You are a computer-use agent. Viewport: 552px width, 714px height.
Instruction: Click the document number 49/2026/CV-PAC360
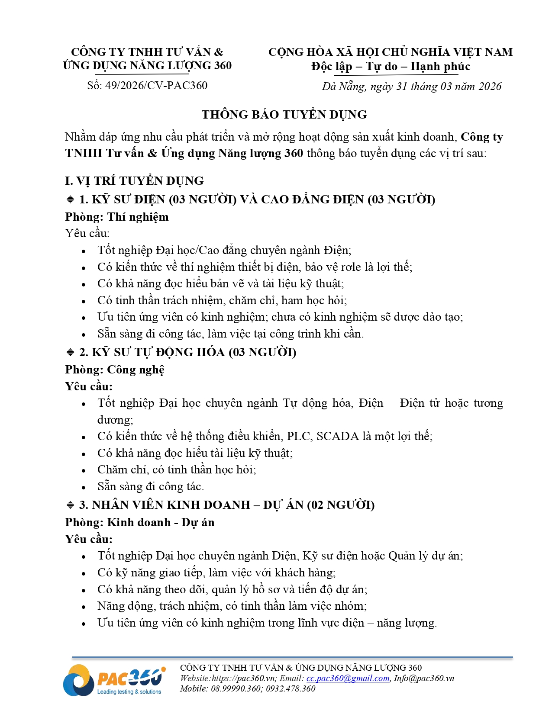tap(156, 85)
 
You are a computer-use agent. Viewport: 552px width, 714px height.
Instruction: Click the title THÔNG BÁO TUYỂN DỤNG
tap(284, 115)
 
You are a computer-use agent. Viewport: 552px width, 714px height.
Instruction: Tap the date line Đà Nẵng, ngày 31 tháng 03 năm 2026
tap(411, 87)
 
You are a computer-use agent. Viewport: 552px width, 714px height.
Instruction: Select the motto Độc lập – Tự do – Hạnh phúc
tap(391, 67)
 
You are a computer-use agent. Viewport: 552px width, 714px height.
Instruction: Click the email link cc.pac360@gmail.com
tap(348, 679)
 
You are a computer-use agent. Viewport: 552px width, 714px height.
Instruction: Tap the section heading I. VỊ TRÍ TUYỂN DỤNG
tap(134, 181)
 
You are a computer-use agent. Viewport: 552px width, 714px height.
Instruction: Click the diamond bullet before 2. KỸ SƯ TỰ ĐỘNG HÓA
tap(71, 352)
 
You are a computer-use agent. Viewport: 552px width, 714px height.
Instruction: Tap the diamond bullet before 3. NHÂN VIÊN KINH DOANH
tap(71, 505)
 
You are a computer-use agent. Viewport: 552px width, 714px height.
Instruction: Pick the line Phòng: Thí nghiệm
tap(117, 217)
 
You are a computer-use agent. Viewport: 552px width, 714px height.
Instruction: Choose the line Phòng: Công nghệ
tap(115, 370)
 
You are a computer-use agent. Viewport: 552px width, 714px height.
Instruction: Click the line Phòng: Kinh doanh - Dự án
tap(139, 523)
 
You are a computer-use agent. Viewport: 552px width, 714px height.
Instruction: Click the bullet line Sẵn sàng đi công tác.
tap(150, 487)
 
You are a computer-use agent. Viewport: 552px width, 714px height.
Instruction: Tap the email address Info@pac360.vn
tap(424, 679)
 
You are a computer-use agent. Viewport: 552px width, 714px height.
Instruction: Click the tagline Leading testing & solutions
tap(129, 692)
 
